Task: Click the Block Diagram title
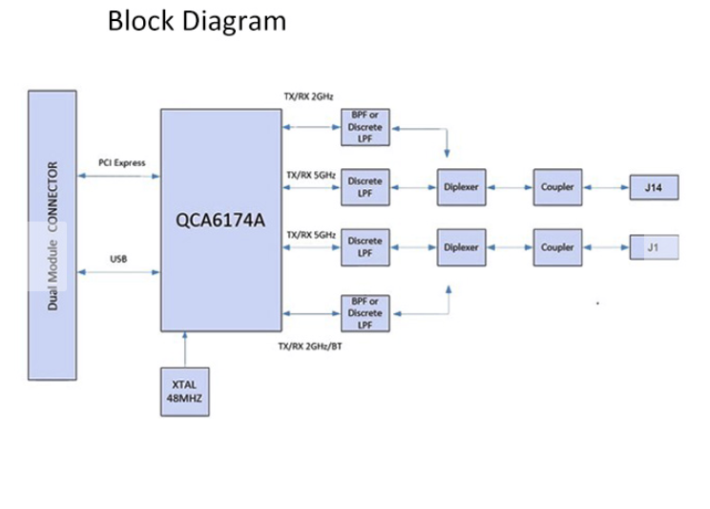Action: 197,20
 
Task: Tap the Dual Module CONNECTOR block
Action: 52,235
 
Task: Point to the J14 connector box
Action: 654,187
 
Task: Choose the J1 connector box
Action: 654,247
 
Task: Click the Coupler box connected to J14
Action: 556,187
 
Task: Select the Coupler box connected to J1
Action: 557,247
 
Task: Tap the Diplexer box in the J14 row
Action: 461,187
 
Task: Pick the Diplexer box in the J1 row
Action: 461,247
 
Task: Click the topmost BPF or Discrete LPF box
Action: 365,127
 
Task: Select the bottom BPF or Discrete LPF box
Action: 365,312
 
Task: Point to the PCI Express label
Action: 122,163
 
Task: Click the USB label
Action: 118,259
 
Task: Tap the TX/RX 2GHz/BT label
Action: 309,345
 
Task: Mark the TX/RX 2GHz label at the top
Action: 307,96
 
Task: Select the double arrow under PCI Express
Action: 118,176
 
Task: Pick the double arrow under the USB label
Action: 118,273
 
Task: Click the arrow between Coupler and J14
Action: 606,187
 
